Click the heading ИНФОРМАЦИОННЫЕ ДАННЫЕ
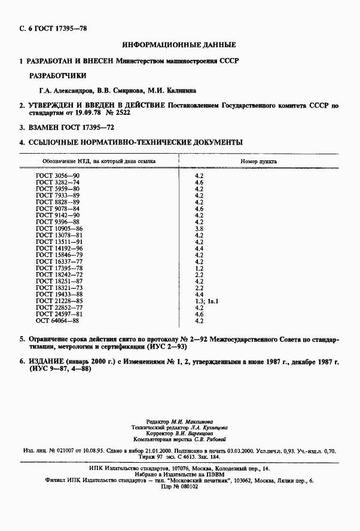coord(179,45)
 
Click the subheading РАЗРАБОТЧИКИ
coord(58,76)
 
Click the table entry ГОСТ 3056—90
coord(57,175)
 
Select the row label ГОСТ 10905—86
coord(59,228)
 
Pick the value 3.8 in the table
coord(200,228)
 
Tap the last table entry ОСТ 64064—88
coord(57,321)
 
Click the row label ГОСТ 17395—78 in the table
coord(59,268)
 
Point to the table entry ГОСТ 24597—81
coord(59,314)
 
